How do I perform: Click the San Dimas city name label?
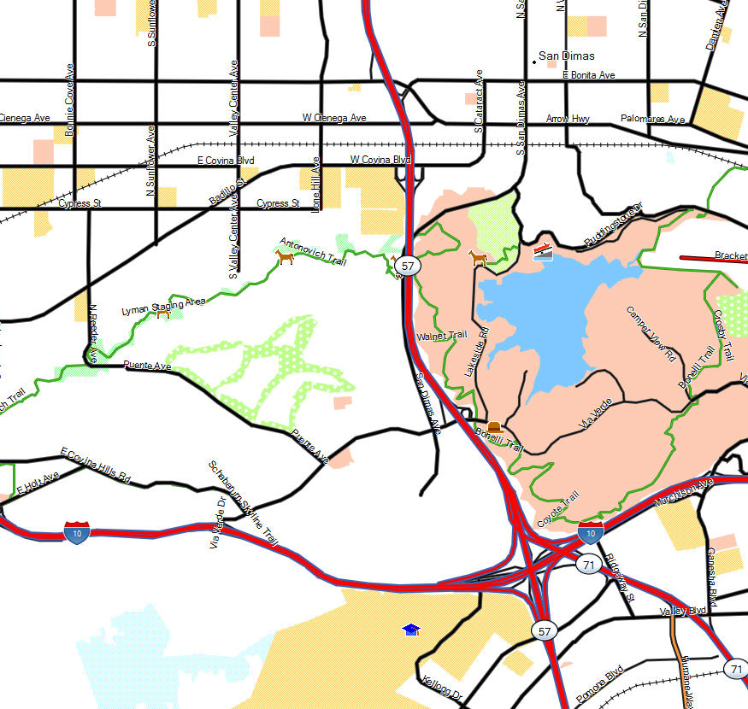(x=566, y=56)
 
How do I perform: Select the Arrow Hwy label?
(x=568, y=119)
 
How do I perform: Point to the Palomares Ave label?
(x=653, y=120)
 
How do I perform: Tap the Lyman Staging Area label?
(x=163, y=304)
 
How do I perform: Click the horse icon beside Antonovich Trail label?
(x=285, y=255)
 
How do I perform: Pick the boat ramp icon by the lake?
(x=543, y=250)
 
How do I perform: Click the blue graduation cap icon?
(x=412, y=630)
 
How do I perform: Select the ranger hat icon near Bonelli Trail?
(x=494, y=426)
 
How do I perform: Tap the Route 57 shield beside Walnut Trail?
(x=408, y=267)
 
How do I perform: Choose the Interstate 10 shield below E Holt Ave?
(x=76, y=531)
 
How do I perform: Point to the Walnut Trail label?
(x=441, y=337)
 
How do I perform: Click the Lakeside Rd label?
(x=475, y=353)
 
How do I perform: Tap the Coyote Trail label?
(x=558, y=507)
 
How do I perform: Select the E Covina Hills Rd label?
(x=96, y=465)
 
